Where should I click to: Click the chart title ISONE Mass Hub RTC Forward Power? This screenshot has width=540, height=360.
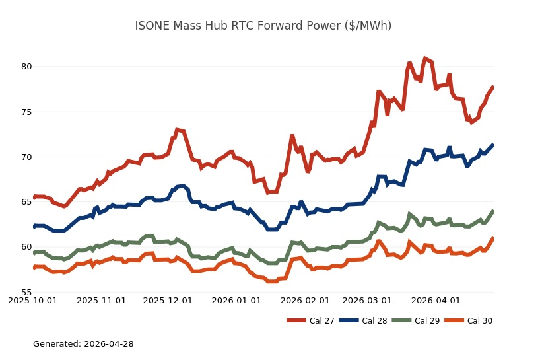coord(263,26)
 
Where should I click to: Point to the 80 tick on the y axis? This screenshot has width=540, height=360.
coord(26,67)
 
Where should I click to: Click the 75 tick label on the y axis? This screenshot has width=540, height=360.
coord(26,112)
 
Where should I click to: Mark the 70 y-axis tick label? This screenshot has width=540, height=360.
coord(26,157)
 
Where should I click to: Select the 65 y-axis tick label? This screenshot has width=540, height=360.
coord(26,202)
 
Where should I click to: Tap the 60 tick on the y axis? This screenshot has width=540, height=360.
coord(26,247)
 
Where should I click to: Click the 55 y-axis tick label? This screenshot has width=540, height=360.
coord(26,292)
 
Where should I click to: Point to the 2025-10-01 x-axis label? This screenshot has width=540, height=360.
coord(34,301)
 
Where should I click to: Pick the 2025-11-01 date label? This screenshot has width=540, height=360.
coord(101,301)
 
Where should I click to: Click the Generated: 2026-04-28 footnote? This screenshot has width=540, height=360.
coord(83,344)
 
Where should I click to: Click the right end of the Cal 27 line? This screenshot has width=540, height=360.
coord(493,87)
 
